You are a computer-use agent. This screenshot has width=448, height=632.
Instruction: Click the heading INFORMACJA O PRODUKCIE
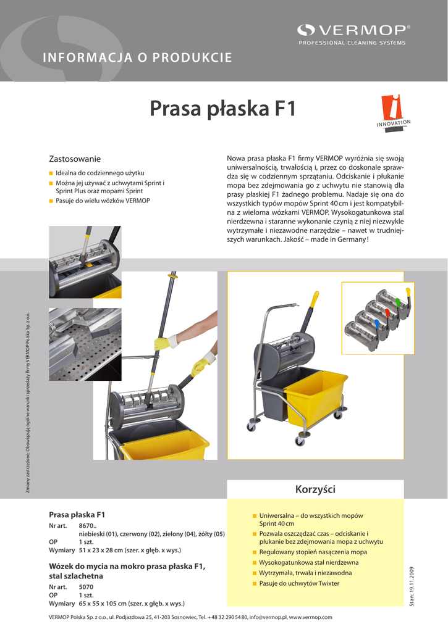(137, 58)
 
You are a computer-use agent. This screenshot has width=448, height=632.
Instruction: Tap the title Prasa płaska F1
(223, 109)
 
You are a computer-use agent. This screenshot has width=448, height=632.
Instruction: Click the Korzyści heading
(316, 489)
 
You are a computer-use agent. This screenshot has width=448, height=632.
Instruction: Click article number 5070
(86, 586)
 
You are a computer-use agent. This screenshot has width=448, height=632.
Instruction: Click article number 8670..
(86, 525)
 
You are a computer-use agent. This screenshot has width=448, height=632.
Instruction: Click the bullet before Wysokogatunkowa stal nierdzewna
(254, 563)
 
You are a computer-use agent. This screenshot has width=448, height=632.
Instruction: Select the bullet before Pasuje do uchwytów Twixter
(254, 583)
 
